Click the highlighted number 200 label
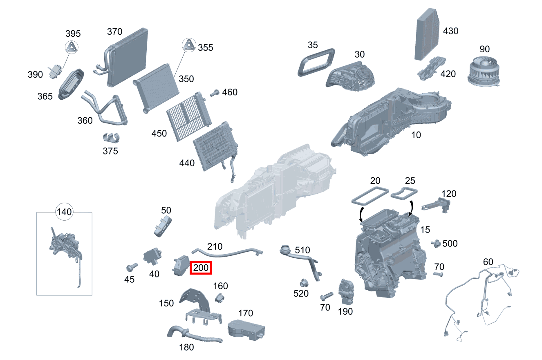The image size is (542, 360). click(x=201, y=268)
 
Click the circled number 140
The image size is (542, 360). click(x=64, y=212)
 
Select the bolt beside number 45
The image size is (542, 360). click(x=131, y=268)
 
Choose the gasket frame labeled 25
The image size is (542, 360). click(x=404, y=193)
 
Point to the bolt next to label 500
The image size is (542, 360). click(x=436, y=244)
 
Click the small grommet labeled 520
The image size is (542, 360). click(x=303, y=282)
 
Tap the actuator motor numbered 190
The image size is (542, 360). click(x=345, y=292)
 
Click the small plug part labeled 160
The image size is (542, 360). click(x=220, y=298)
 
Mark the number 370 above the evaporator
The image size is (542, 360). click(x=115, y=31)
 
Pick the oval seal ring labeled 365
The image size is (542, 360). click(x=72, y=84)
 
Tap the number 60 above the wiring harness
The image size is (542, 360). click(x=488, y=262)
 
